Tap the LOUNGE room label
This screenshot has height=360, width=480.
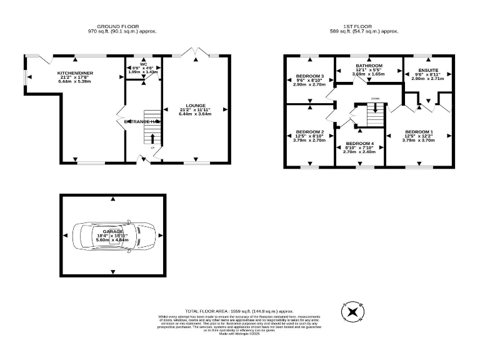(194, 106)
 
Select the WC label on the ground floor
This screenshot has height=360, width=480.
(143, 64)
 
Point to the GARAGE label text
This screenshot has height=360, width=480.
(113, 232)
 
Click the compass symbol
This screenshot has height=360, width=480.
(352, 311)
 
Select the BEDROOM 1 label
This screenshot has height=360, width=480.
(419, 132)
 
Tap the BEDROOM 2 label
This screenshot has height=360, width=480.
(310, 132)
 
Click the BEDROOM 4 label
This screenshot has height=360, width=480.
(360, 144)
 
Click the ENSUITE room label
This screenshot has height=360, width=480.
(428, 70)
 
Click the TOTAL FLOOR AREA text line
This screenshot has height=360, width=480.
(239, 311)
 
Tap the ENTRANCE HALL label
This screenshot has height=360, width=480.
(142, 121)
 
